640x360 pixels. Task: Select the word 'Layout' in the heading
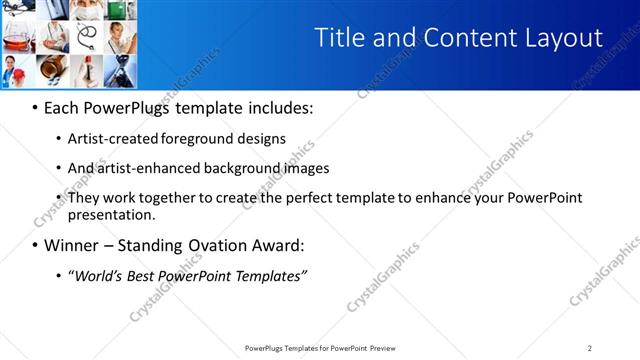tap(560, 38)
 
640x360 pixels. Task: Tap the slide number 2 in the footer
tap(590, 347)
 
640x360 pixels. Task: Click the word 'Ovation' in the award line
tap(207, 245)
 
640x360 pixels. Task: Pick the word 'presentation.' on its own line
tap(112, 214)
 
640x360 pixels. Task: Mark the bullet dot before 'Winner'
tap(35, 245)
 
